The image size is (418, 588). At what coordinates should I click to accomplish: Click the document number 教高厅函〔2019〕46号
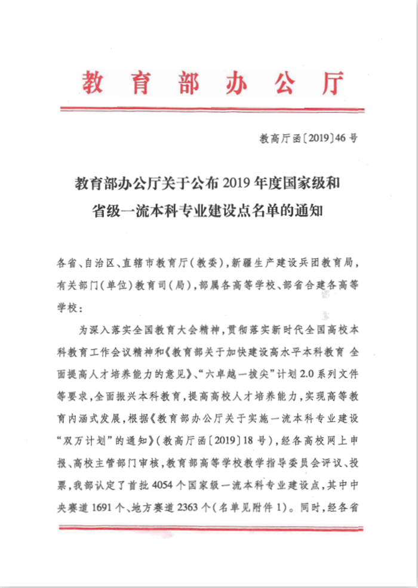pos(309,138)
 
